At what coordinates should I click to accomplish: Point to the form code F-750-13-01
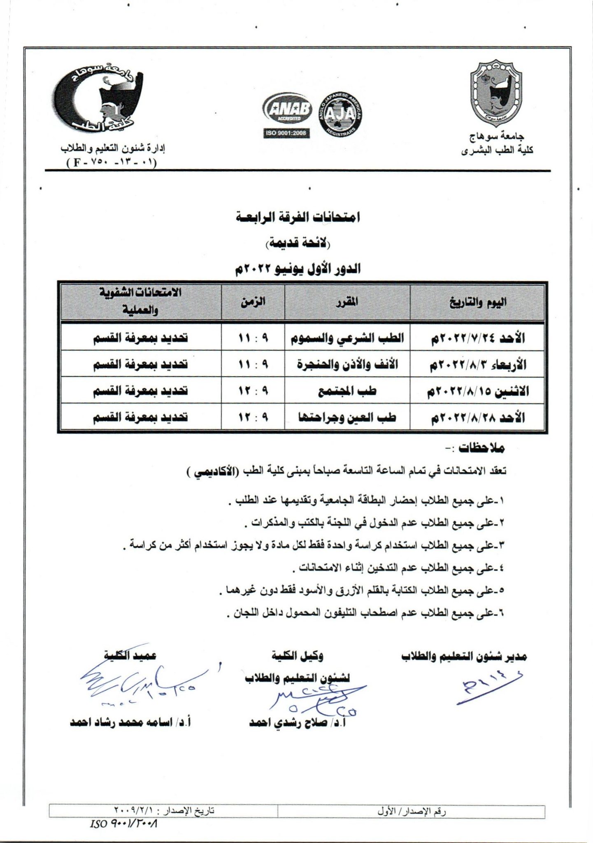click(x=112, y=162)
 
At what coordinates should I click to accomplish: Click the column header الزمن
click(x=253, y=301)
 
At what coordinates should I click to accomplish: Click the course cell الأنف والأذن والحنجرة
click(x=347, y=365)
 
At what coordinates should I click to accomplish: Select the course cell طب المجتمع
click(x=347, y=391)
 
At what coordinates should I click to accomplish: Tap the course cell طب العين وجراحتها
click(x=347, y=417)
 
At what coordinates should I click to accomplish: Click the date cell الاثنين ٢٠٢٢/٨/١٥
click(x=477, y=391)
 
